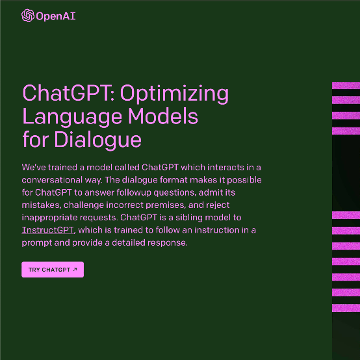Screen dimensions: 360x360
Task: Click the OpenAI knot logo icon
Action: click(x=28, y=16)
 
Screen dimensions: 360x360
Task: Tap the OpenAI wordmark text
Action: click(x=57, y=16)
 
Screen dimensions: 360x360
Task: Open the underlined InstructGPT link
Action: click(x=48, y=230)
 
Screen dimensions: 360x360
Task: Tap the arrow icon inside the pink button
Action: click(x=75, y=270)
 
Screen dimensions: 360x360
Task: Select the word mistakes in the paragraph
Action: click(x=38, y=205)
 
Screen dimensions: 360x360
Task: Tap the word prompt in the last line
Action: click(x=36, y=242)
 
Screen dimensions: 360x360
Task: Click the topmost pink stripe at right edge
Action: click(x=346, y=85)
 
